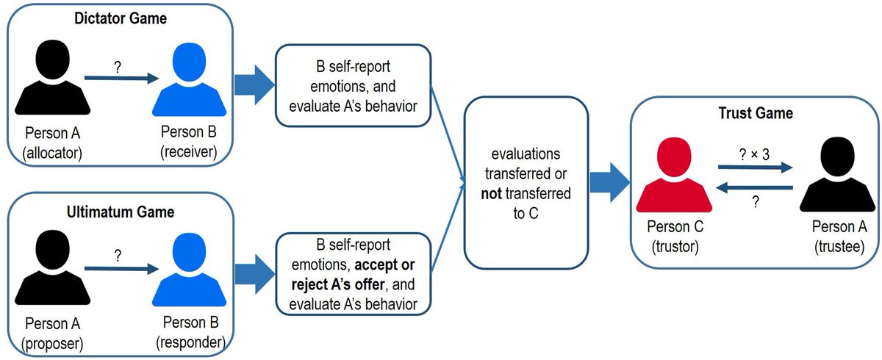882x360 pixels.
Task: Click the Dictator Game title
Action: pyautogui.click(x=121, y=18)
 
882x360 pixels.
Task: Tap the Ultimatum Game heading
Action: pyautogui.click(x=121, y=212)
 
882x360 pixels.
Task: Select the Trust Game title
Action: pyautogui.click(x=756, y=113)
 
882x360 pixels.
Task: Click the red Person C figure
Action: pyautogui.click(x=674, y=174)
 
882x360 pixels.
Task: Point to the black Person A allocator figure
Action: pyautogui.click(x=52, y=77)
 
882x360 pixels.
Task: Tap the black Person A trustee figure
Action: pyautogui.click(x=837, y=174)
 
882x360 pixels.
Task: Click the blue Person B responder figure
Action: pyautogui.click(x=189, y=270)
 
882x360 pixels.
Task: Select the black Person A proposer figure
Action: pyautogui.click(x=52, y=267)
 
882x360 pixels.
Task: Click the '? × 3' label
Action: pyautogui.click(x=754, y=154)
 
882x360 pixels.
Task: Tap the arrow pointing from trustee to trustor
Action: pyautogui.click(x=754, y=187)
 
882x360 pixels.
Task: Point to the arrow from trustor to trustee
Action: pyautogui.click(x=756, y=168)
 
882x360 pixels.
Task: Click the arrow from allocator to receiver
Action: pyautogui.click(x=122, y=78)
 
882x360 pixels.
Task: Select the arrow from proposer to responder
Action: pyautogui.click(x=122, y=269)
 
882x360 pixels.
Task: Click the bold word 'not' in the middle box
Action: pyautogui.click(x=492, y=193)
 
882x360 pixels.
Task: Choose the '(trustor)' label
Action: pyautogui.click(x=675, y=247)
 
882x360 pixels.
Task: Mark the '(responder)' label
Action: pyautogui.click(x=190, y=342)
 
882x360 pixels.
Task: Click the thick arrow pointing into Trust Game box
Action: pyautogui.click(x=609, y=182)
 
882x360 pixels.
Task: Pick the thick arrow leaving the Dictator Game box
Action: pyautogui.click(x=254, y=84)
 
